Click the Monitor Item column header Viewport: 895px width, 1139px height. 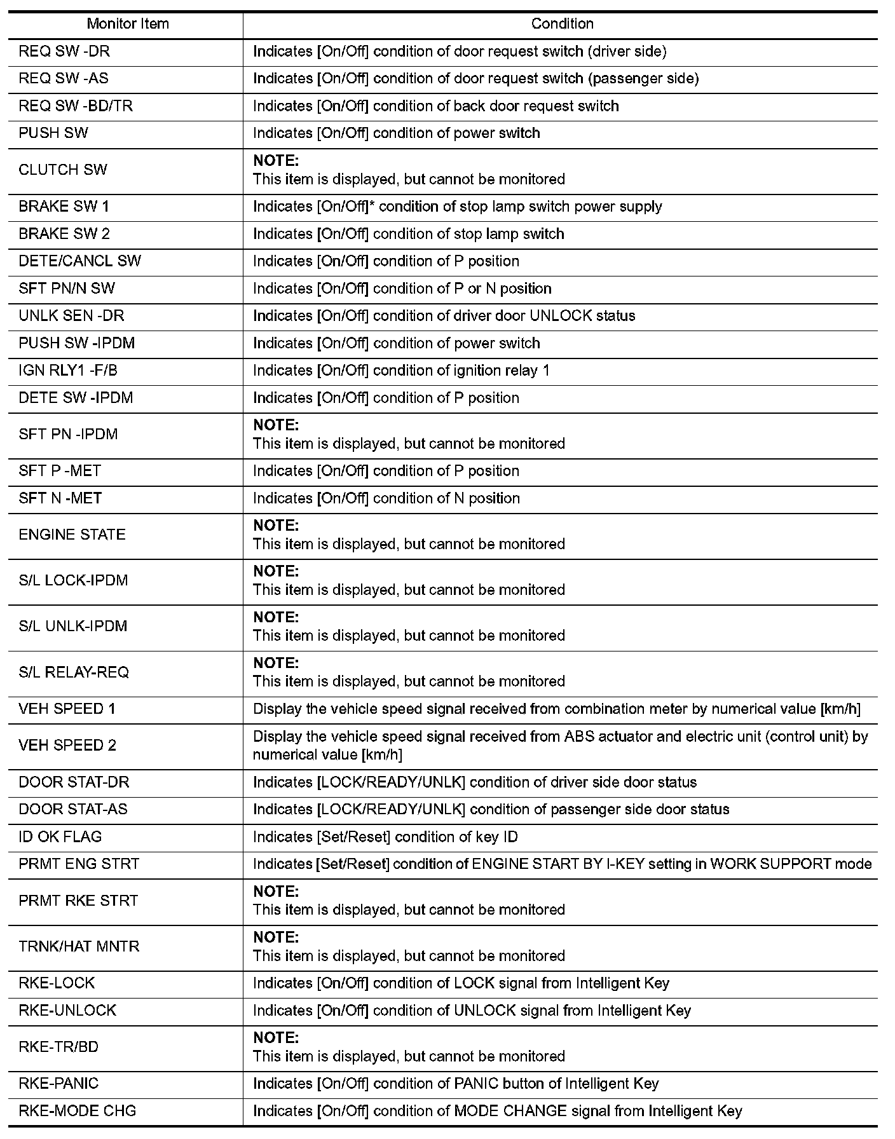click(x=128, y=24)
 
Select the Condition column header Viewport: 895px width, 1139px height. click(x=562, y=24)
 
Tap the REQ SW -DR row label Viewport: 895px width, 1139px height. click(x=64, y=51)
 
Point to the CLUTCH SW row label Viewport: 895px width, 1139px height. click(x=63, y=170)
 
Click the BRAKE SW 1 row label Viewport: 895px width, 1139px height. click(x=64, y=207)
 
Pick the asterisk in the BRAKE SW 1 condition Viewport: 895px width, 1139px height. click(x=372, y=205)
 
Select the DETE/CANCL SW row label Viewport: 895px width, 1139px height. click(x=80, y=261)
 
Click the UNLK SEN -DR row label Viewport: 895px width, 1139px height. click(x=71, y=316)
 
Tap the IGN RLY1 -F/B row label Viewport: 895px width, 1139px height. click(x=68, y=371)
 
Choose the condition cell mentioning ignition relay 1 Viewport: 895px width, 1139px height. click(x=401, y=371)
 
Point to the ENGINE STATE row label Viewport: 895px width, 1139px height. click(x=72, y=535)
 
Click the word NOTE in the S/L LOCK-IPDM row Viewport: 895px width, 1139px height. click(x=276, y=571)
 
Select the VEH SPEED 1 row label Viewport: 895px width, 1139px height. click(x=67, y=709)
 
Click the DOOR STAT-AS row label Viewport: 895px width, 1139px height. click(x=73, y=809)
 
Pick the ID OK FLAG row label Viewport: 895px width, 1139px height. click(x=60, y=836)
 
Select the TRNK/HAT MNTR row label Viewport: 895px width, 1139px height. click(x=79, y=946)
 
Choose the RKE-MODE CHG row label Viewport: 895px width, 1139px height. click(x=78, y=1111)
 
